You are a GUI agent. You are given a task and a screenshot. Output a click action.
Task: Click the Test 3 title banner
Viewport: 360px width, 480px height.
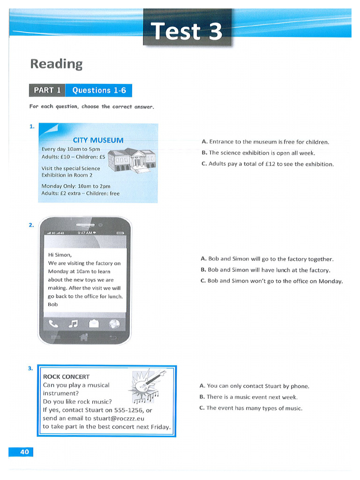[187, 31]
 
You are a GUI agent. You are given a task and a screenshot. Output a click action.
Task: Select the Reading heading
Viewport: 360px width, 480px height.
[56, 64]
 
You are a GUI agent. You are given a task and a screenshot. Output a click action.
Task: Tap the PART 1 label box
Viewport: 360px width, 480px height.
[47, 90]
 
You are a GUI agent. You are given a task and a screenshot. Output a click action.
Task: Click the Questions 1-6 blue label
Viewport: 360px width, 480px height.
[98, 90]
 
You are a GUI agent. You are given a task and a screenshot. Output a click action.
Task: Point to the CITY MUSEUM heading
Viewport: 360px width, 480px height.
[98, 140]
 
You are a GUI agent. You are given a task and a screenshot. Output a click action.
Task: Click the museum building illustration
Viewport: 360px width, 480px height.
[132, 160]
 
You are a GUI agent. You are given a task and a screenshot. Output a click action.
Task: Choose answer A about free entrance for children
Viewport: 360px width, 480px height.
[265, 142]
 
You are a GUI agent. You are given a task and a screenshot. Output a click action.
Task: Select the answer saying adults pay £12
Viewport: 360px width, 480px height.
[267, 164]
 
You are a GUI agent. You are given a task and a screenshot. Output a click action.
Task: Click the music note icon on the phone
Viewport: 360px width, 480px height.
[73, 323]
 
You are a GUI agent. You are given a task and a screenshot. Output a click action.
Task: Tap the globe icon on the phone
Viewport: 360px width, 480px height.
[114, 323]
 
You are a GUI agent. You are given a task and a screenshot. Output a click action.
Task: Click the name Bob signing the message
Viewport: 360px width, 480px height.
[53, 304]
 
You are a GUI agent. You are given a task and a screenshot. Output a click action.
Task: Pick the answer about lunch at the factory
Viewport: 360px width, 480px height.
[265, 270]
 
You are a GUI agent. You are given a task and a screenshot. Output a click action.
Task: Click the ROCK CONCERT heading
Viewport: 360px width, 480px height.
[66, 376]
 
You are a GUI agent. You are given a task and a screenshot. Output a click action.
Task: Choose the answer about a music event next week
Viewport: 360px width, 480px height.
[248, 397]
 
